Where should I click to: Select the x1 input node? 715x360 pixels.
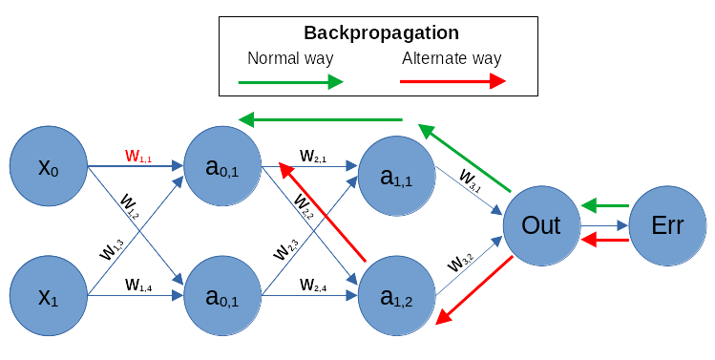48,297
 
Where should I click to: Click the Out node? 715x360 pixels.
540,225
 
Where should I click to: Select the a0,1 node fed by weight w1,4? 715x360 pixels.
222,297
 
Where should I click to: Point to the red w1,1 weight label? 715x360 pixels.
138,156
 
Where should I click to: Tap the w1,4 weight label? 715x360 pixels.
138,284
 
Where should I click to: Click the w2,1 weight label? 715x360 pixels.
312,155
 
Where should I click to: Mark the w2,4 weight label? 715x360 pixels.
312,284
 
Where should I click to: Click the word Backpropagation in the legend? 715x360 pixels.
381,33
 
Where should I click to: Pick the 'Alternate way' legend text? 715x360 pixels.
452,58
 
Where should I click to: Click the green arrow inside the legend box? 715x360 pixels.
290,83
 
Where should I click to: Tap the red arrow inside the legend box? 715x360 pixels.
452,83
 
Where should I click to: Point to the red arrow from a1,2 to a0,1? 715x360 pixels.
322,212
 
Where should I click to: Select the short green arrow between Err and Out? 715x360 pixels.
605,205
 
